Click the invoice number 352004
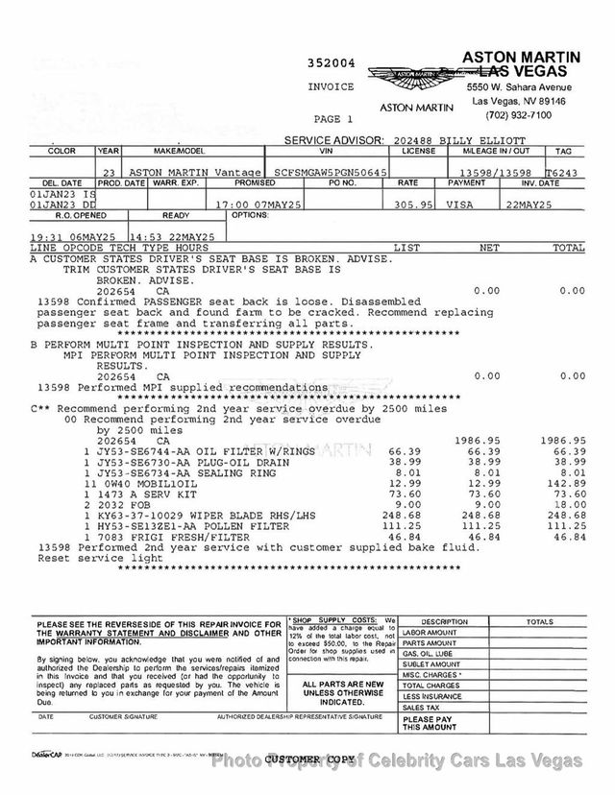coord(331,64)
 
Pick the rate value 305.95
coord(408,205)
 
